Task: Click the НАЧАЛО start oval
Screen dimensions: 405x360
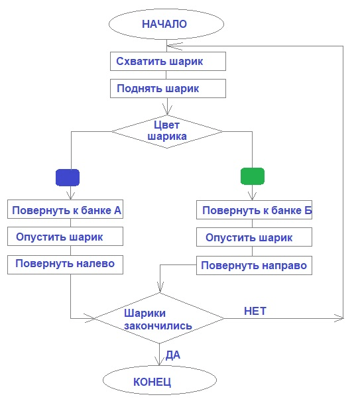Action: [x=164, y=25]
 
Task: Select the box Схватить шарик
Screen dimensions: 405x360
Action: [x=168, y=62]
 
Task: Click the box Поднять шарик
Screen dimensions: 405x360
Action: [x=168, y=88]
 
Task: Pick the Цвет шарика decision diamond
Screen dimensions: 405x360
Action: [x=166, y=131]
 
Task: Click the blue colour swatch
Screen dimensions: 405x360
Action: [x=68, y=177]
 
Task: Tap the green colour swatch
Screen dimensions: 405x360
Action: [x=252, y=176]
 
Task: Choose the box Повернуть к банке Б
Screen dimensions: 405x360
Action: [x=254, y=211]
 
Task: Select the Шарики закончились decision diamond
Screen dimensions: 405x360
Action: [x=159, y=319]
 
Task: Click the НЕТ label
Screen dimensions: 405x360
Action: [x=255, y=310]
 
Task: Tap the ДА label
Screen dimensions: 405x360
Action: [x=173, y=355]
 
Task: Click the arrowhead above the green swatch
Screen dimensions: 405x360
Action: [x=251, y=196]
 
